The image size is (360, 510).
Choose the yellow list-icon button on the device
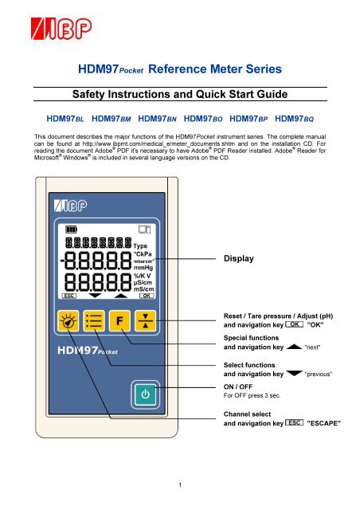pos(94,322)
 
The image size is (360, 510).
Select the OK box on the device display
pos(146,294)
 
